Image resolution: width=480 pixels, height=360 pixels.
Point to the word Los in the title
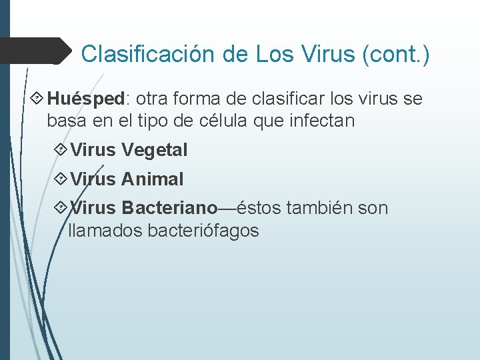pos(275,54)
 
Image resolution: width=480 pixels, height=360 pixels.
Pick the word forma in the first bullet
pos(197,99)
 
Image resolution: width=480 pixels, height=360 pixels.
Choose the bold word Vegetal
pos(155,151)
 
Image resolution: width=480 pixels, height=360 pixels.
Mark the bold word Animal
pos(152,179)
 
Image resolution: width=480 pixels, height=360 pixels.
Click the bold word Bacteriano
pos(169,208)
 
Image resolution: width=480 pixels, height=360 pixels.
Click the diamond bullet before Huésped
pos(37,99)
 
